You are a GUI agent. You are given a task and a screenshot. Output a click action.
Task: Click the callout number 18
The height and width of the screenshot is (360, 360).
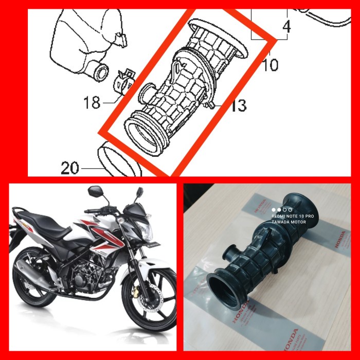click(92, 103)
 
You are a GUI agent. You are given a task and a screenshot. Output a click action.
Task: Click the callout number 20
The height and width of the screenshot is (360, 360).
click(70, 168)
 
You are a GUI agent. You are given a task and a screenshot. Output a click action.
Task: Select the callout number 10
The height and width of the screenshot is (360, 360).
click(269, 65)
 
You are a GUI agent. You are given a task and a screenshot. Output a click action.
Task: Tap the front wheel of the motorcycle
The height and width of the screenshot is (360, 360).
click(149, 301)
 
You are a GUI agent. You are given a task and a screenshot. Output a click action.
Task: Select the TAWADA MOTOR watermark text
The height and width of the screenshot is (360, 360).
click(289, 222)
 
